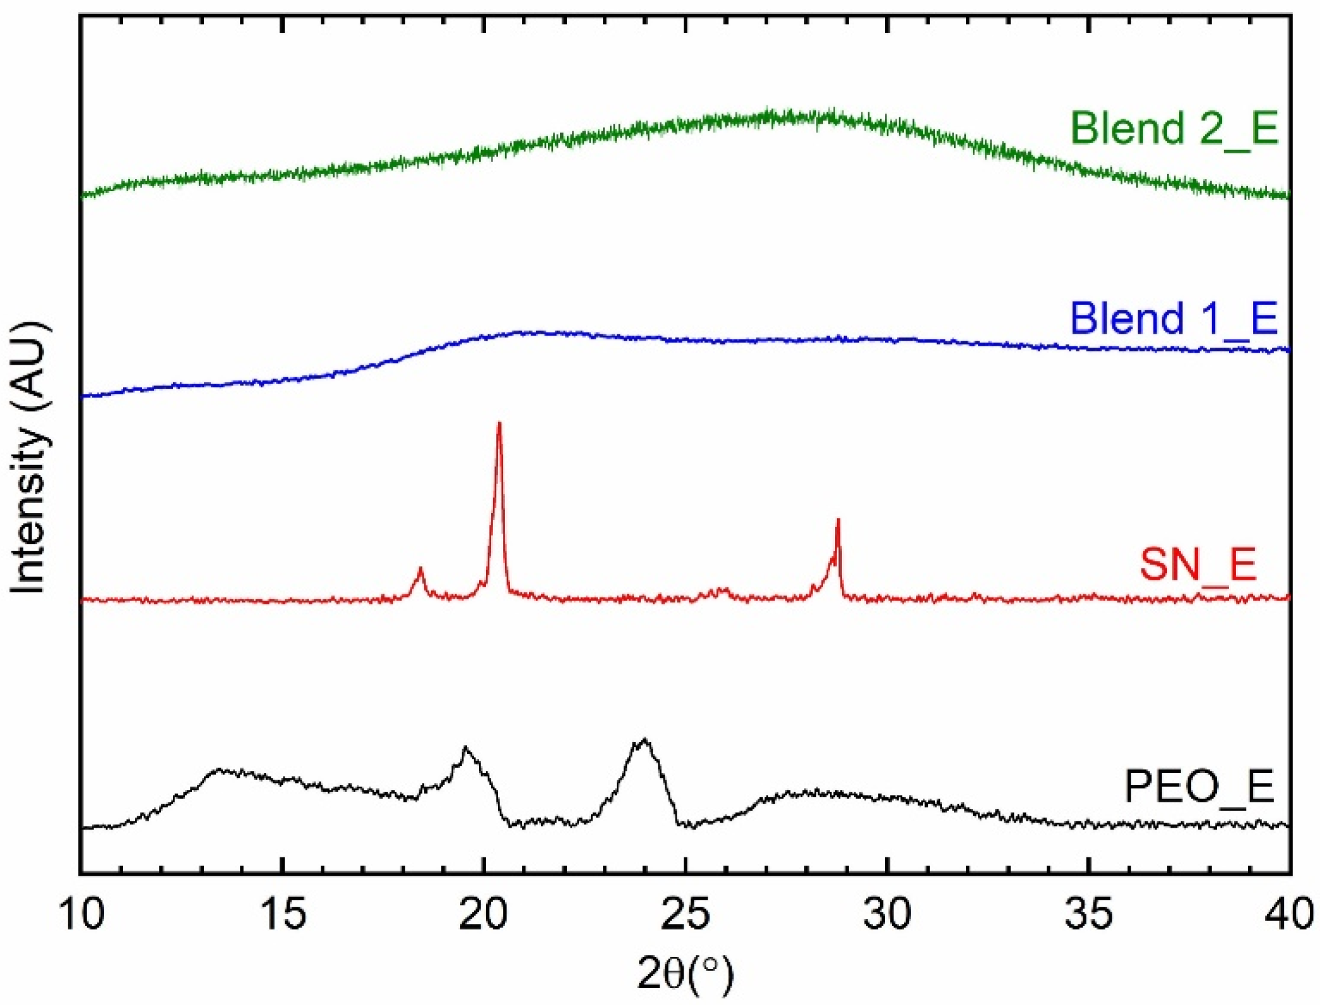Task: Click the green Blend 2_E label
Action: [x=1174, y=128]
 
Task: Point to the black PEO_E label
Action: [x=1199, y=787]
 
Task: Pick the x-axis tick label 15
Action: [x=283, y=914]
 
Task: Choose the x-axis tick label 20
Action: [x=484, y=914]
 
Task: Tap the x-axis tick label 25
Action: [x=686, y=914]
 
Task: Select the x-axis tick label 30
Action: [x=887, y=914]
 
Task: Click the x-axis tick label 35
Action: [x=1088, y=914]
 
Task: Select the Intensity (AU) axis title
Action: [x=28, y=457]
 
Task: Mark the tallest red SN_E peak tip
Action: [x=499, y=423]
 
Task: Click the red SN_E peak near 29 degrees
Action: [x=838, y=520]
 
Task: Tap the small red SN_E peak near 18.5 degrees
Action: [x=420, y=569]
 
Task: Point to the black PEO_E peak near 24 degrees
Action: [x=644, y=739]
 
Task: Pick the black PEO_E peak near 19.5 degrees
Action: [x=466, y=748]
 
